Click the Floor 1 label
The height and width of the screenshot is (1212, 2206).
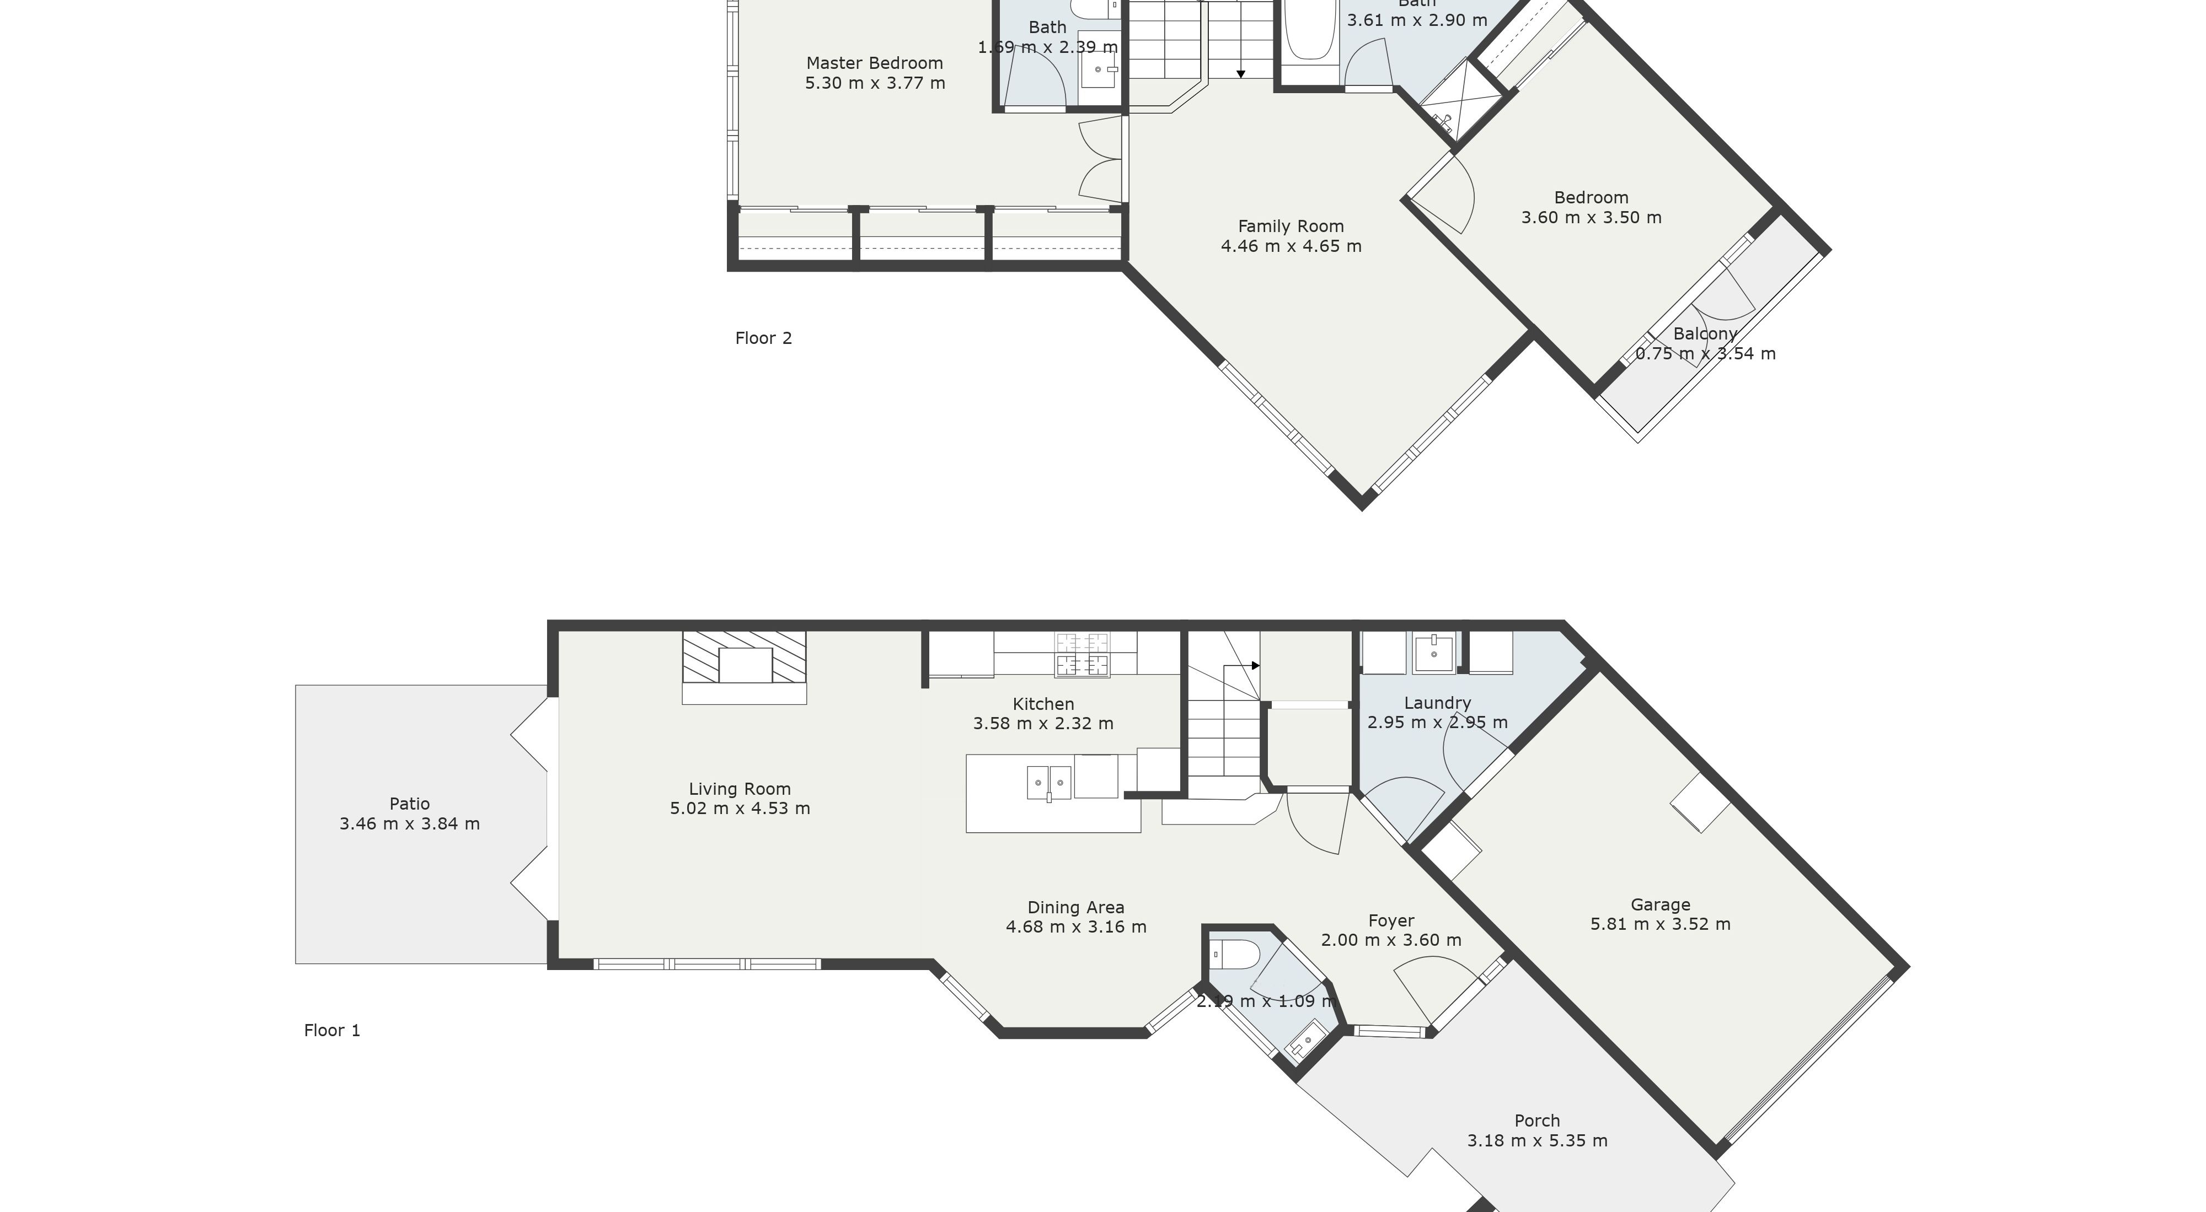[332, 1031]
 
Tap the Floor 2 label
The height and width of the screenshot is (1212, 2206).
[763, 338]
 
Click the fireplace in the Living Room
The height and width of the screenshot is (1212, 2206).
[744, 665]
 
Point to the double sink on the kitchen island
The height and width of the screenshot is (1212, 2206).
[1049, 782]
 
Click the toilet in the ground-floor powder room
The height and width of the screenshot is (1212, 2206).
[1233, 952]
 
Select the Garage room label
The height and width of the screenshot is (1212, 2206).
[1661, 904]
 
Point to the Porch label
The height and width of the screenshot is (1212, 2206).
[1537, 1121]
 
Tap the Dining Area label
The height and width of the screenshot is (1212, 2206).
[1075, 907]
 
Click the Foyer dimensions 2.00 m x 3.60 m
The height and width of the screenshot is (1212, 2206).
[1391, 940]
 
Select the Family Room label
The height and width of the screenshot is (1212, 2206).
[1291, 226]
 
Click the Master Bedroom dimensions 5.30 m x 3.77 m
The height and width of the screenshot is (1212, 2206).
[874, 83]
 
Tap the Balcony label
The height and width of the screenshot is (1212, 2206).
[1705, 334]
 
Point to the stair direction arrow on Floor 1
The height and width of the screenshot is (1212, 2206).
[1255, 665]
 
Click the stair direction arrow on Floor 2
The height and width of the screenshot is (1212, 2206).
[1241, 74]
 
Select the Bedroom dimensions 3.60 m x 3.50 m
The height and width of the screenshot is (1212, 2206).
[1591, 217]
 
